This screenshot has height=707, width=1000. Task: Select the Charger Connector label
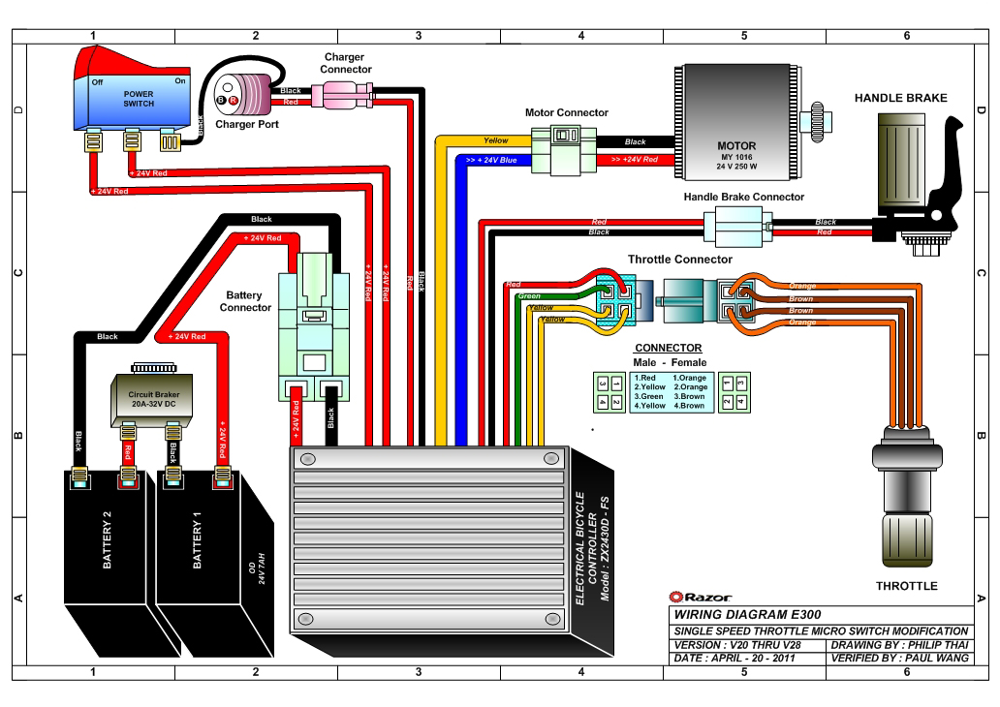tap(345, 63)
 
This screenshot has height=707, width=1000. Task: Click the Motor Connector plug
tap(564, 150)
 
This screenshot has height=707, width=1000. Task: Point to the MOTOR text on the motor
tap(736, 146)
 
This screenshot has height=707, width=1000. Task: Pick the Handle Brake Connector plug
tap(737, 227)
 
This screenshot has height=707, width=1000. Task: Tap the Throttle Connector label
tap(680, 260)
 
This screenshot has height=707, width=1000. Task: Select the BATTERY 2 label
tap(108, 539)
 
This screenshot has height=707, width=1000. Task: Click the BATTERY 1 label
tap(197, 539)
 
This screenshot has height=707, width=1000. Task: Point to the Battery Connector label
tap(245, 301)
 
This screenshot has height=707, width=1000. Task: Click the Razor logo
tap(701, 597)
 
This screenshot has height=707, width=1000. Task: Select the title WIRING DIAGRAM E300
tap(747, 615)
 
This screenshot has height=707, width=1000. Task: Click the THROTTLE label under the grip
tap(906, 586)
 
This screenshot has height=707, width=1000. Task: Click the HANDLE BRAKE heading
tap(900, 98)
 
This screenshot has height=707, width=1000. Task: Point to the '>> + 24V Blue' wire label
tap(491, 160)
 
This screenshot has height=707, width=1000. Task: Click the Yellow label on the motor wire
tap(495, 140)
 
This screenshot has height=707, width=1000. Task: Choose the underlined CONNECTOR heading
tap(669, 348)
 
